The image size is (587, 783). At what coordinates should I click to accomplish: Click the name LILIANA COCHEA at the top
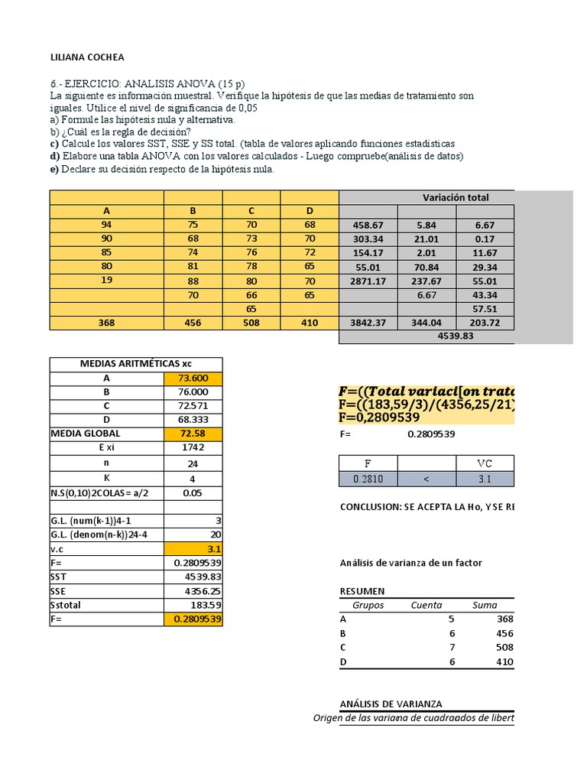pos(86,57)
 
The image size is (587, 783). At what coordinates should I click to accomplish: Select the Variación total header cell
pos(456,197)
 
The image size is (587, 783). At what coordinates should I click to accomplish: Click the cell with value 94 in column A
pos(106,225)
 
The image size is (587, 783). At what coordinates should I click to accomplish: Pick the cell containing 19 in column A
pos(106,281)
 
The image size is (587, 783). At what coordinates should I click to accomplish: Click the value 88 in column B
pos(193,281)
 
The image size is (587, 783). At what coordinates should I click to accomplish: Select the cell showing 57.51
pos(485,309)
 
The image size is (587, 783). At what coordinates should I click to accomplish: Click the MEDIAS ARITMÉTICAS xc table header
pos(136,363)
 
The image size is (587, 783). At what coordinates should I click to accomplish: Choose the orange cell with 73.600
pos(193,378)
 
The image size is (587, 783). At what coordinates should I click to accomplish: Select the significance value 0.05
pos(193,492)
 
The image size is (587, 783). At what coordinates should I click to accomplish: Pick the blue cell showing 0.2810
pos(368,478)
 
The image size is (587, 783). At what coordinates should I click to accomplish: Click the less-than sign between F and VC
pos(426,478)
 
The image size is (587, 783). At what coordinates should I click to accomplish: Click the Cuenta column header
pos(426,605)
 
